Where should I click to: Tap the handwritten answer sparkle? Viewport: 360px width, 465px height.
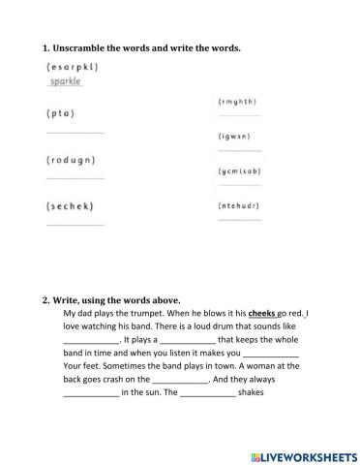[x=65, y=81]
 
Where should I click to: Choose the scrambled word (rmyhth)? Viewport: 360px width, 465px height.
[x=239, y=102]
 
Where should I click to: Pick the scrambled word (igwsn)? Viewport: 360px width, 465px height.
[x=236, y=137]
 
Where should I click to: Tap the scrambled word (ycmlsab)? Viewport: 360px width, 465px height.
[x=241, y=170]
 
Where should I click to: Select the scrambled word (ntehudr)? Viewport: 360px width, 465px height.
[x=241, y=205]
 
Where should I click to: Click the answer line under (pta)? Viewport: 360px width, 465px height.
[x=75, y=132]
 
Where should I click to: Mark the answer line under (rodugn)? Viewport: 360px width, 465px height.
[x=75, y=178]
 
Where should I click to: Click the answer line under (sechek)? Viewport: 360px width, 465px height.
[x=75, y=225]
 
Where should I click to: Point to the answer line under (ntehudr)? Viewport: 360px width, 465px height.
[x=240, y=220]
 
